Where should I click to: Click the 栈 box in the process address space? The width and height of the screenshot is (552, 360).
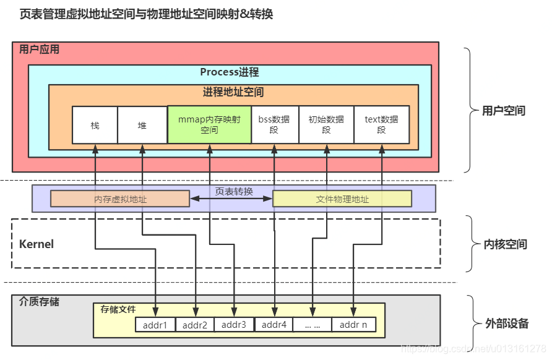pyautogui.click(x=95, y=125)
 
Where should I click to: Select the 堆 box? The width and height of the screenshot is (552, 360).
pyautogui.click(x=142, y=125)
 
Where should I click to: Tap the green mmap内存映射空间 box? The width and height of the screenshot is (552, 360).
pyautogui.click(x=209, y=125)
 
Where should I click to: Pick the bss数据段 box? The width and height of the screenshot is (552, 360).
pyautogui.click(x=274, y=125)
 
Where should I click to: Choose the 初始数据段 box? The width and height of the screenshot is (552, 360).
pyautogui.click(x=327, y=125)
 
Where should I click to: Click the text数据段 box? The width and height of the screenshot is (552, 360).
pyautogui.click(x=381, y=125)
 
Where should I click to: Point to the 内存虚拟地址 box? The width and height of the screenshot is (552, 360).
pyautogui.click(x=120, y=199)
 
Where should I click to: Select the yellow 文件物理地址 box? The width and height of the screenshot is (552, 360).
pyautogui.click(x=342, y=199)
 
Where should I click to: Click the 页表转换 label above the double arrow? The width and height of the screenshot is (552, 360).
pyautogui.click(x=234, y=192)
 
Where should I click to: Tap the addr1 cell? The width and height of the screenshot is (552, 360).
pyautogui.click(x=155, y=325)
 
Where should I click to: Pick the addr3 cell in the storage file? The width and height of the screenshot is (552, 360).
pyautogui.click(x=234, y=325)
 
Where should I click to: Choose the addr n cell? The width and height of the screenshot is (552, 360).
pyautogui.click(x=353, y=325)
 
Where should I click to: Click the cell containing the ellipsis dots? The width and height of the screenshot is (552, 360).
pyautogui.click(x=312, y=325)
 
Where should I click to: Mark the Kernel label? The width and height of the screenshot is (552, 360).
pyautogui.click(x=37, y=244)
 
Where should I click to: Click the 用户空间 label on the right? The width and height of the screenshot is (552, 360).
pyautogui.click(x=504, y=111)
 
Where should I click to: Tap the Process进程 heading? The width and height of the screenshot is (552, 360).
pyautogui.click(x=230, y=72)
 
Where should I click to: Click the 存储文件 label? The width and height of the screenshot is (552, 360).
pyautogui.click(x=118, y=309)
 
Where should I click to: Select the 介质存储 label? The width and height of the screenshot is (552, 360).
pyautogui.click(x=40, y=302)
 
